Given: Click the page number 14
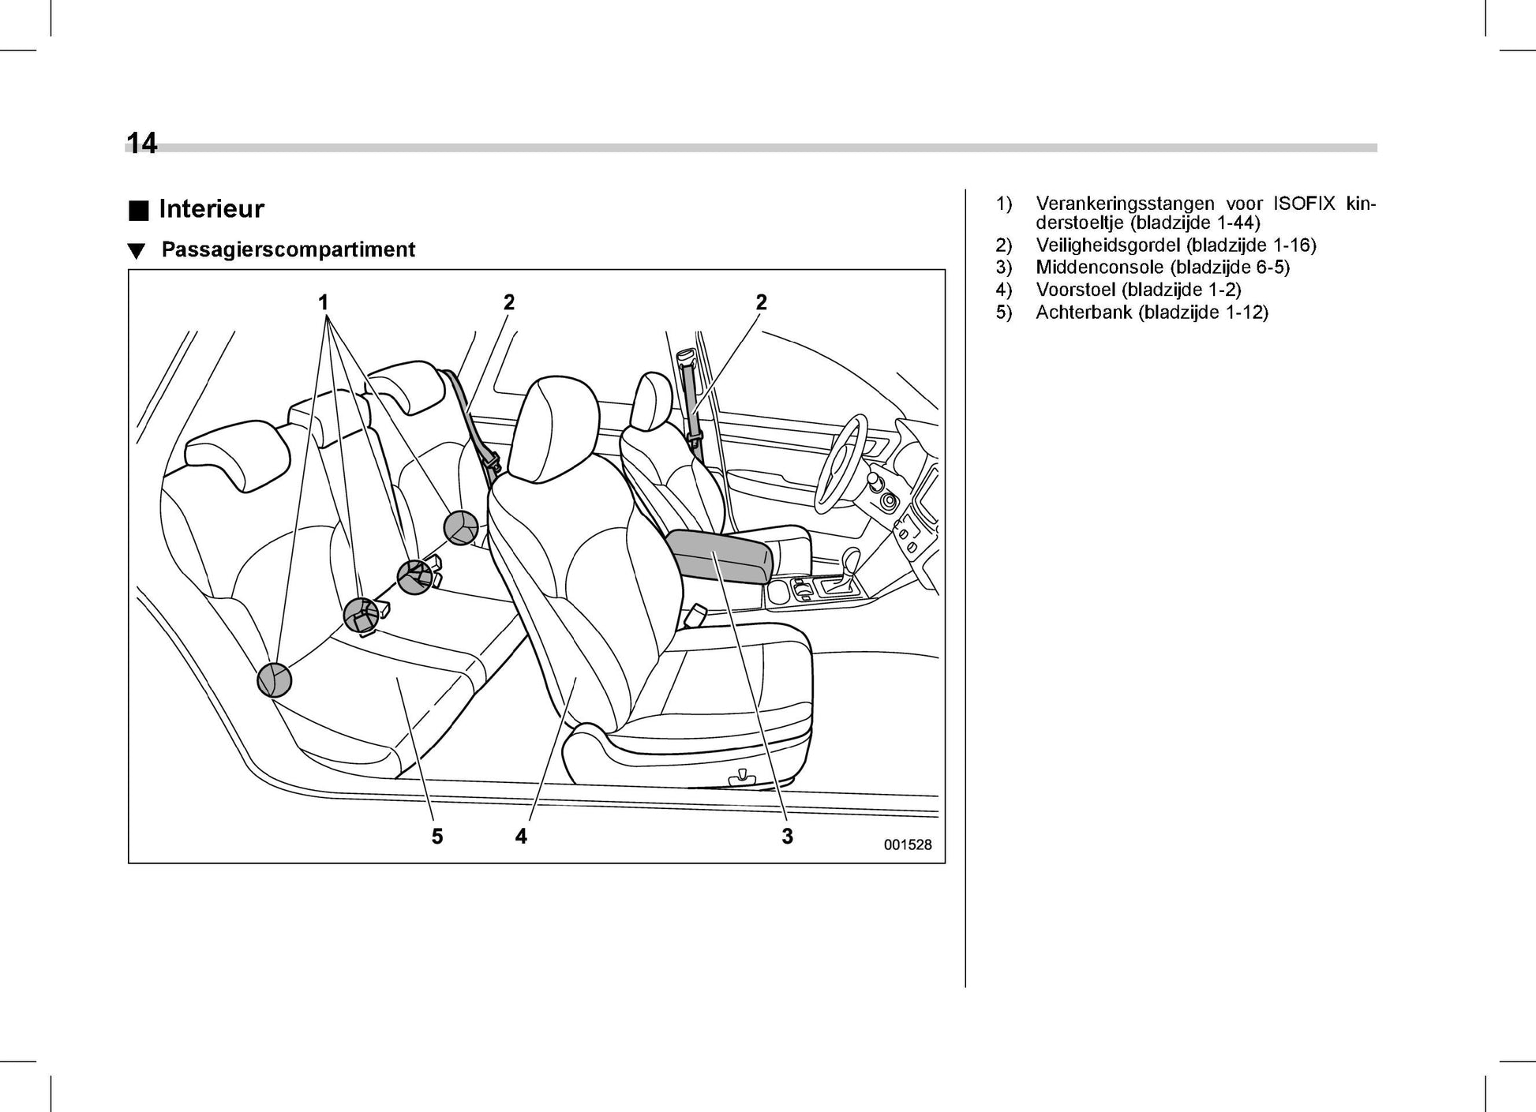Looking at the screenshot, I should coord(142,144).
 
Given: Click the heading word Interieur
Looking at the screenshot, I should coord(211,209).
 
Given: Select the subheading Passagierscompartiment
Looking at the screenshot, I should coord(288,249).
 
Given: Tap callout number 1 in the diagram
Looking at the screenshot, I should coord(323,302).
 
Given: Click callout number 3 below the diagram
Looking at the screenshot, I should coord(787,837).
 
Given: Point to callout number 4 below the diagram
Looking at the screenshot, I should coord(521,837).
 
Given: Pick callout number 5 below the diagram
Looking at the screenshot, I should coord(437,837).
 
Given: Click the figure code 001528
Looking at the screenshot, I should coord(907,844).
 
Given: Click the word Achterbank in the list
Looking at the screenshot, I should coord(1084,312).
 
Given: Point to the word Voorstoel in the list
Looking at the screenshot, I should coord(1076,290).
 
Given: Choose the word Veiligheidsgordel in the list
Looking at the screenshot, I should coord(1108,245).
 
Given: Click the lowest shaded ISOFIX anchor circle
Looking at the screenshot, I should coord(274,680).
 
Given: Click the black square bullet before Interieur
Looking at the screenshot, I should coord(139,210).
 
